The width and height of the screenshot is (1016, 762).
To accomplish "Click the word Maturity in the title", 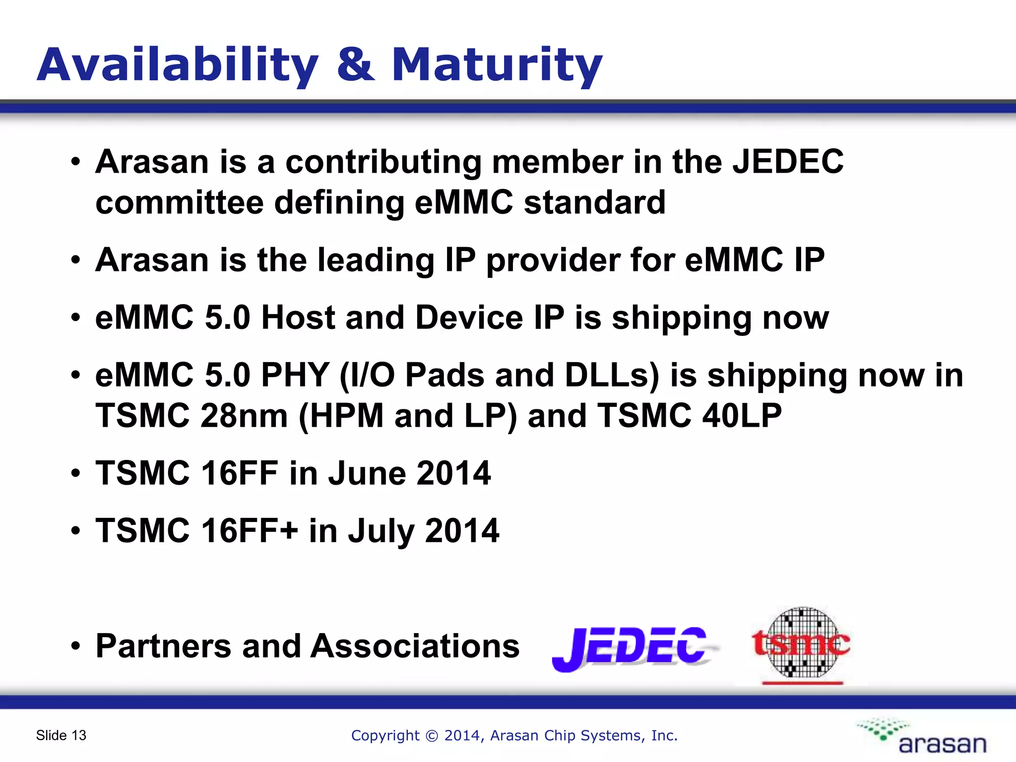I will point(497,65).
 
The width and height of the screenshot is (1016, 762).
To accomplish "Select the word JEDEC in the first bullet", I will point(788,162).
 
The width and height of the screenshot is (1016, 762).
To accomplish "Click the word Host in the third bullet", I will point(299,317).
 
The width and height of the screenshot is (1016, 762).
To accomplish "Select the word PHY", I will point(295,375).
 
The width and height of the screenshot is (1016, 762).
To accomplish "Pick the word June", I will point(366,473).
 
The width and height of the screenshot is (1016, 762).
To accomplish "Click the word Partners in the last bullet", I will point(163,646).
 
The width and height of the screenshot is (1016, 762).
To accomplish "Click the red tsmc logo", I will point(801,644).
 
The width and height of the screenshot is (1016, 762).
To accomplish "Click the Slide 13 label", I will point(61,735).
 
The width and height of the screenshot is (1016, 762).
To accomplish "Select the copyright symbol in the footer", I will point(432,736).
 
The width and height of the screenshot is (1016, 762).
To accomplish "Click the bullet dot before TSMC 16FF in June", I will point(75,474).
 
